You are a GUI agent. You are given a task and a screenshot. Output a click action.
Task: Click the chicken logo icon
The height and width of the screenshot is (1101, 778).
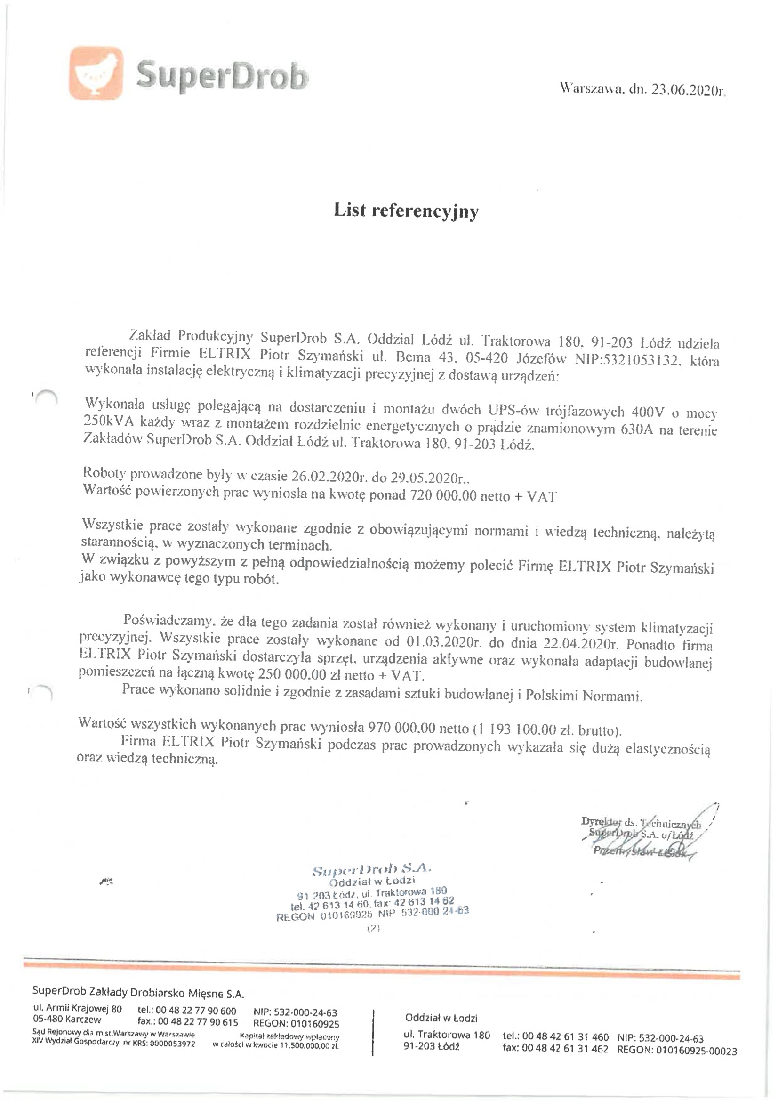(x=96, y=73)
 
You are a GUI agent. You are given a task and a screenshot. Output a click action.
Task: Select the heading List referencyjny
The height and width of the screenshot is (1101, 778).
(x=406, y=210)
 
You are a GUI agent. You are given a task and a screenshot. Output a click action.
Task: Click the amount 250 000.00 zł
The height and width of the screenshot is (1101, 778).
(x=292, y=675)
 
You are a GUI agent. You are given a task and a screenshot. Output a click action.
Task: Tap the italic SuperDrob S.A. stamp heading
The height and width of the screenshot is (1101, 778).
(x=372, y=868)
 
